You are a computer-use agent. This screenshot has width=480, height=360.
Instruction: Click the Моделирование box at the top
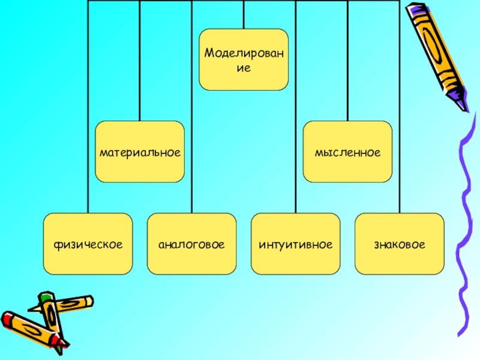[244, 59]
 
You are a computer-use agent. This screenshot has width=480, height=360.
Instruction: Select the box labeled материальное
[140, 152]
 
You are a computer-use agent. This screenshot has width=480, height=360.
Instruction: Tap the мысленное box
[347, 152]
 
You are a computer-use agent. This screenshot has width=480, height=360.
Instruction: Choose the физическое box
[88, 244]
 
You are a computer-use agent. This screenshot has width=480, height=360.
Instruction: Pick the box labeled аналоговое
[191, 244]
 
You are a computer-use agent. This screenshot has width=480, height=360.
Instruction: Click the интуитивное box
[295, 244]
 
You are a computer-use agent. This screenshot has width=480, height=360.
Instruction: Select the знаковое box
[399, 244]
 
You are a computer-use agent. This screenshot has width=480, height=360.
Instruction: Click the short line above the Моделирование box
[244, 14]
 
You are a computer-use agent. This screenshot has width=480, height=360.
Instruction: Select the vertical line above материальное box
[140, 60]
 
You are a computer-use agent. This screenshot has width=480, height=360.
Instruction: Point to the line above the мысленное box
[347, 60]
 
